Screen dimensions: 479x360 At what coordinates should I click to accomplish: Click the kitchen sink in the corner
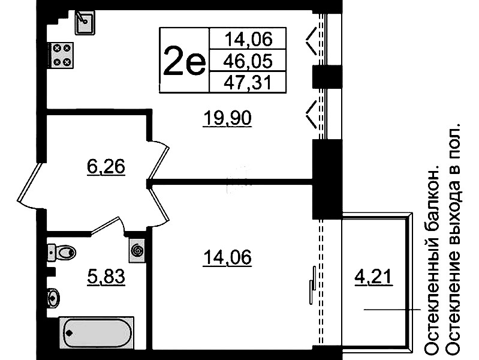click(x=85, y=22)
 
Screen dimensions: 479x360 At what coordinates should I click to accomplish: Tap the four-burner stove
click(x=61, y=55)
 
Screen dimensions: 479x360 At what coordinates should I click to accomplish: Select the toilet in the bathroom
click(x=61, y=253)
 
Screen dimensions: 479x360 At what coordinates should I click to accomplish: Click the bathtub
click(x=97, y=333)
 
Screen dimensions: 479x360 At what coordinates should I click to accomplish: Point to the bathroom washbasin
click(x=53, y=297)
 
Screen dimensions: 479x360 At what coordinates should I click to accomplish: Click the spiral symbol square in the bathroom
click(x=137, y=251)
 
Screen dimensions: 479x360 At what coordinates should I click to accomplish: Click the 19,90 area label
click(x=228, y=118)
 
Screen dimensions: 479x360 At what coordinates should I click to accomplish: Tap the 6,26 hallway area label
click(x=106, y=167)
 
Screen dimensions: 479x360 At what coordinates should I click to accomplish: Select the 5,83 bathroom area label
click(x=106, y=277)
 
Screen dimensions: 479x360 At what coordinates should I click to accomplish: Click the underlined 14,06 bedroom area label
click(x=227, y=257)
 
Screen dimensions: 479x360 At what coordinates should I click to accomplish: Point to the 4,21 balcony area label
click(x=373, y=277)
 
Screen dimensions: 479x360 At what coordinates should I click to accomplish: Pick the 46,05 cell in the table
click(x=248, y=61)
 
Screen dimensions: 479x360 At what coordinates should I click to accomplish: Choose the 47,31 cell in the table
click(x=248, y=82)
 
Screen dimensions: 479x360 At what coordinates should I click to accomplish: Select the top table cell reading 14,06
click(x=248, y=38)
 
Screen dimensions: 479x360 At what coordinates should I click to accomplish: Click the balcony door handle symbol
click(x=312, y=285)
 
